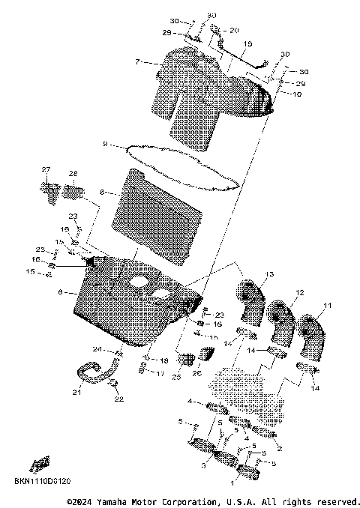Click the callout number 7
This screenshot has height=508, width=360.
click(136, 62)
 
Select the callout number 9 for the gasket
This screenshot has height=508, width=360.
click(106, 144)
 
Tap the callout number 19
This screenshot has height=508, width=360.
click(248, 44)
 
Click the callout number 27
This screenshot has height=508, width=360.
click(46, 169)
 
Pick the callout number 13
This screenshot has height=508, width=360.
click(269, 273)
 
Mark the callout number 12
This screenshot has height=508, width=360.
click(299, 292)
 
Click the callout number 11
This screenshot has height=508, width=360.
click(327, 306)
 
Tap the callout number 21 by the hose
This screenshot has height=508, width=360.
click(76, 391)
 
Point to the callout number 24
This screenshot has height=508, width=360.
click(97, 349)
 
